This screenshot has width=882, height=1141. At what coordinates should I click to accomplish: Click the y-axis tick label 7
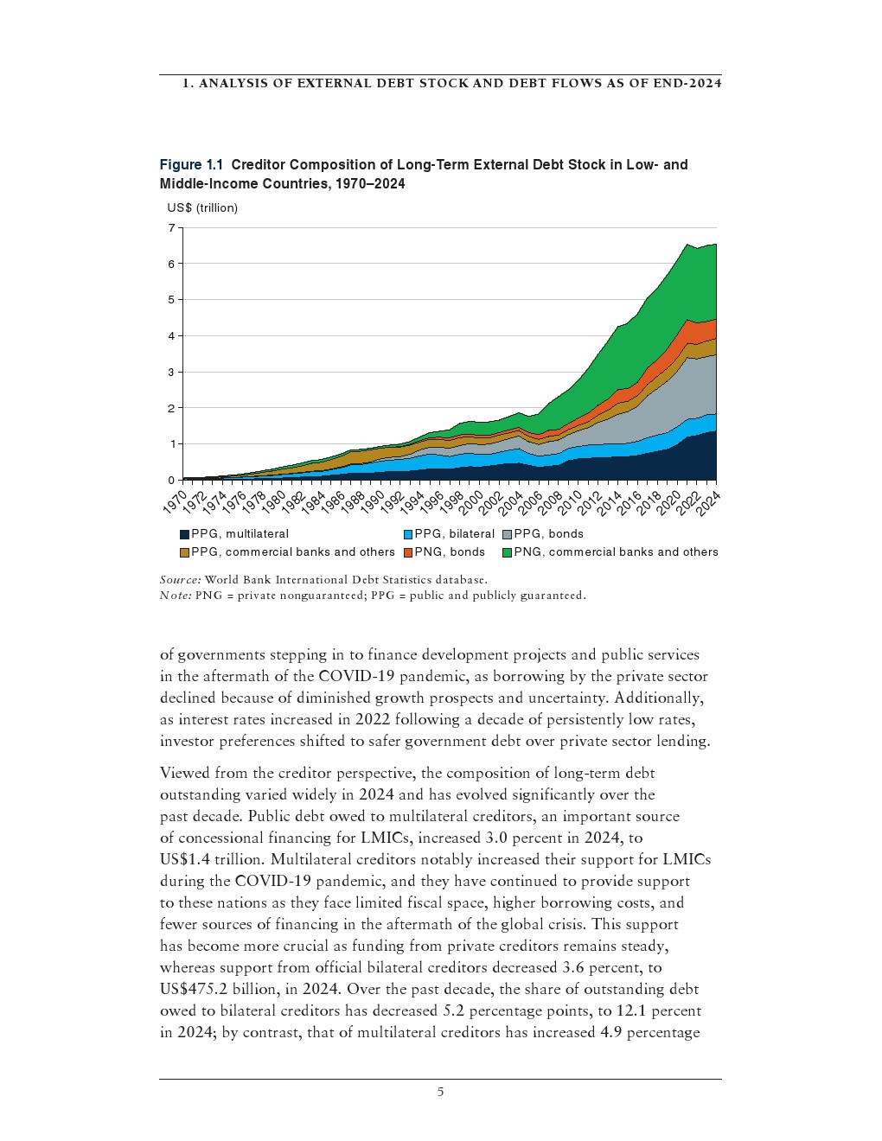(171, 228)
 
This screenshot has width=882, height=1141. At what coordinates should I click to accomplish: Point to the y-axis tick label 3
(171, 372)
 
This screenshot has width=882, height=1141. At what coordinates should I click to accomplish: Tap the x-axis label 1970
(175, 502)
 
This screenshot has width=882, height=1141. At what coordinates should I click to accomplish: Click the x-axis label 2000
(470, 502)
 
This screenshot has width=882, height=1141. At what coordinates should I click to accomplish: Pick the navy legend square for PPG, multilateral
(184, 534)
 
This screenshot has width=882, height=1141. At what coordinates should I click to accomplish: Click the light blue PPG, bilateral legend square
(408, 534)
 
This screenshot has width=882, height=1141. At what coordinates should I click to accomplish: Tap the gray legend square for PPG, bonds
(508, 534)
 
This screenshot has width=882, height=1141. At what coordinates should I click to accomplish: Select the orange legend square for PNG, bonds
(408, 552)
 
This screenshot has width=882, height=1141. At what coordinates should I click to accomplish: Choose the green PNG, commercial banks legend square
(508, 552)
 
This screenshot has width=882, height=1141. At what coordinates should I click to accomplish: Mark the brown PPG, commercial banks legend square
(184, 552)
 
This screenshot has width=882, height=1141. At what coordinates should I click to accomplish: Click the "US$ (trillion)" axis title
(202, 207)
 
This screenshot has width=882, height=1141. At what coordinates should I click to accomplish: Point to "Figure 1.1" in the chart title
(191, 164)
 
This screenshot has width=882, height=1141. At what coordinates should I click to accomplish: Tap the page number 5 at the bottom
(440, 1092)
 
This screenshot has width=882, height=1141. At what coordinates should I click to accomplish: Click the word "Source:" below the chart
(180, 579)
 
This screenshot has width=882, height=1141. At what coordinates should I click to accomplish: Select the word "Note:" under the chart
(176, 595)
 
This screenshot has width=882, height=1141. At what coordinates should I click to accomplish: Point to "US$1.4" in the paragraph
(184, 859)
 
